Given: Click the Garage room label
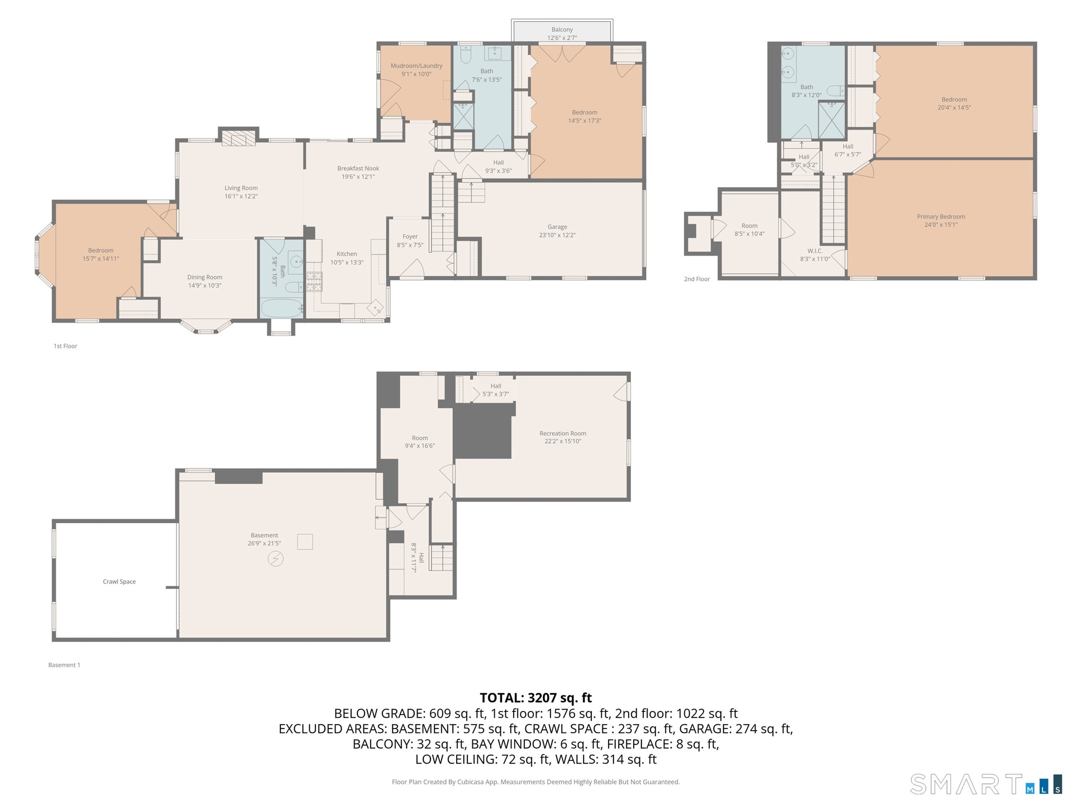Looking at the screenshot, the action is (x=557, y=227).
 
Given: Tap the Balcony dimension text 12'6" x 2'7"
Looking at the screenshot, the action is (x=562, y=38).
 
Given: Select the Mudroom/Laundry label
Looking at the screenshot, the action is (x=417, y=66).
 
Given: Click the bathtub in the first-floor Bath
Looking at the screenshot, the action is (x=281, y=308).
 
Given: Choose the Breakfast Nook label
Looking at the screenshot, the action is (x=358, y=168).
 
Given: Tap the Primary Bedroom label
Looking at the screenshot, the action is (x=941, y=217).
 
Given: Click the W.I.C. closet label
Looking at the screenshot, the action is (x=815, y=251).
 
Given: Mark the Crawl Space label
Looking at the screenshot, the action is (x=119, y=581).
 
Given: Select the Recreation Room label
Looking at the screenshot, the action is (x=563, y=433).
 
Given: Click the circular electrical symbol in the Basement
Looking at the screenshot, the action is (x=275, y=558).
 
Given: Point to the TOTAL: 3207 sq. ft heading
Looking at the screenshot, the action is (x=536, y=698).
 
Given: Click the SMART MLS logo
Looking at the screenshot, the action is (x=986, y=784).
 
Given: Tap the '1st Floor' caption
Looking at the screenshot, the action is (x=65, y=346).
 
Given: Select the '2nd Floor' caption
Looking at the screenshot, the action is (x=697, y=279).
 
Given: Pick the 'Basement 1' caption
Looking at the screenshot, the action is (x=64, y=665).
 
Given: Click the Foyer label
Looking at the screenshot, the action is (x=410, y=237).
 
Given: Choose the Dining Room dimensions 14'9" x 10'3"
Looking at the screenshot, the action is (x=205, y=285).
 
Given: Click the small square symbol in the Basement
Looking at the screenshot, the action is (x=305, y=542).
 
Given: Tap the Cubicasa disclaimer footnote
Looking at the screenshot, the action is (x=536, y=782).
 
